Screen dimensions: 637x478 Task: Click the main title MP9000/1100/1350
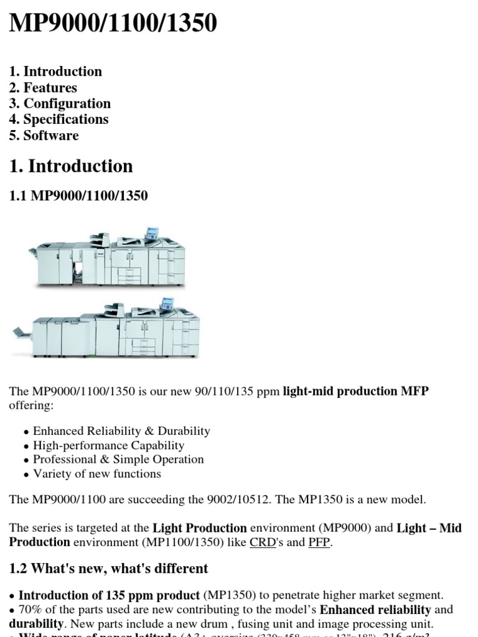point(113,24)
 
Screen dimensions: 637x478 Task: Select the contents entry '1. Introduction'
point(55,72)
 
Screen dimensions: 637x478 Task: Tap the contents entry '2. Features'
point(43,88)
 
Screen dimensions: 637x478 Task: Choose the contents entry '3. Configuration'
point(60,103)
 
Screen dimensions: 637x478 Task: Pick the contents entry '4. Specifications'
point(59,119)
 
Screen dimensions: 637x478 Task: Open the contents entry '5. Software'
point(44,136)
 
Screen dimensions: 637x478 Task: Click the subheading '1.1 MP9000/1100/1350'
point(78,196)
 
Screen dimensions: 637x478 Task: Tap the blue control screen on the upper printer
point(151,232)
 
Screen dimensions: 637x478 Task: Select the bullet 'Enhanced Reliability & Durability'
point(121,430)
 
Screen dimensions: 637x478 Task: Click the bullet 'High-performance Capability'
point(108,445)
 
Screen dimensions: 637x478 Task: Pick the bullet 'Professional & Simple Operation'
point(118,459)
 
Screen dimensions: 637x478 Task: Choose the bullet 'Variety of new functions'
point(97,473)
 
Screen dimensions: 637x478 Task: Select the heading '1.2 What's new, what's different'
point(108,569)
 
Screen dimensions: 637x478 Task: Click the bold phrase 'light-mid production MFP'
point(355,391)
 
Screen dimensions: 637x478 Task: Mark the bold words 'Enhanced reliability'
point(375,610)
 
